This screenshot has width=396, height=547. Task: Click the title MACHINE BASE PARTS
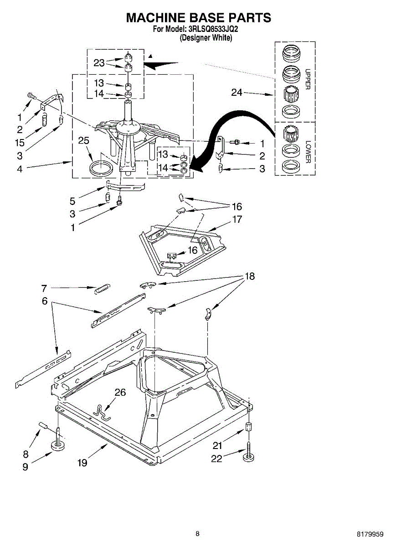198,18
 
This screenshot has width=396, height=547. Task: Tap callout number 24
237,93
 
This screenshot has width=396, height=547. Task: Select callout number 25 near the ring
83,141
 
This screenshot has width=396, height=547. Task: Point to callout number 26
120,392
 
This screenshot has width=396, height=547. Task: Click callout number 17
237,219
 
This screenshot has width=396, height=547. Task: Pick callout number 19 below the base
82,463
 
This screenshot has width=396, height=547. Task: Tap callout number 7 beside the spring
44,288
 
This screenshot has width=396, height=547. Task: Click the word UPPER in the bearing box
308,79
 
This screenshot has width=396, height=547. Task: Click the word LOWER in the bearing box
308,152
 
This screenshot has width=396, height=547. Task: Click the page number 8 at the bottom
197,533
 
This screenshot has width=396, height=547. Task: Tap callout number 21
217,445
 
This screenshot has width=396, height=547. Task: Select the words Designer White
206,38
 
